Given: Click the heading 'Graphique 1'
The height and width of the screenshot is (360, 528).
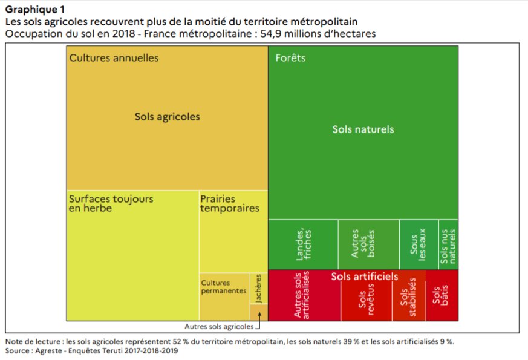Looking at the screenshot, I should pos(36,10).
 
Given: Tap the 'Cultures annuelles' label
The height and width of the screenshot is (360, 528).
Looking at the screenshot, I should pos(114,58).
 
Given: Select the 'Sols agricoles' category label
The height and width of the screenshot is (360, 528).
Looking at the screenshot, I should pos(167,116).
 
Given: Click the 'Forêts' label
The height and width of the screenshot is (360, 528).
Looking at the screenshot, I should pos(290,58).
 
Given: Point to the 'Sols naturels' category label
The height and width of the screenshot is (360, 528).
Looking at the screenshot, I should pos(363,129).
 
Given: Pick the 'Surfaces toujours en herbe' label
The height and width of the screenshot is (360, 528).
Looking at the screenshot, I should pos(111,203).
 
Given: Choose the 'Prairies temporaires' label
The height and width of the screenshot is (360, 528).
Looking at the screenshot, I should pos(229,203).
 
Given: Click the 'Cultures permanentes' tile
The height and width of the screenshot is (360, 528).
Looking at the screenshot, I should pos(224,290).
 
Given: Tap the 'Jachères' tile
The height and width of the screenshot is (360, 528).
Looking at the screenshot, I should pos(258,289).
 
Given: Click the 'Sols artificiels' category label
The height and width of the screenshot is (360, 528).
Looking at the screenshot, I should pos(365,276).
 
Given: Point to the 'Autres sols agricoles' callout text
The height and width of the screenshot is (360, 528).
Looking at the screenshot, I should pos(219,327).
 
